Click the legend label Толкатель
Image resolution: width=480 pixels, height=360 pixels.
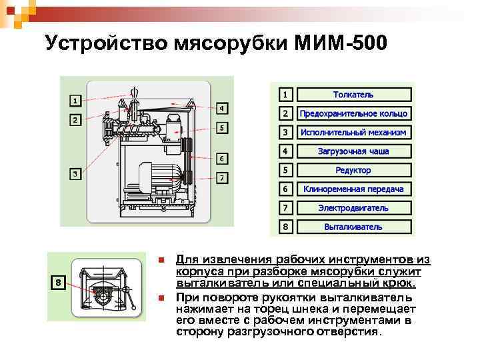tap(353, 95)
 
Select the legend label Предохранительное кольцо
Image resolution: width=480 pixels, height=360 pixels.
tap(353, 113)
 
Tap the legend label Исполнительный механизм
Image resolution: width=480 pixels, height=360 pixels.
tap(353, 132)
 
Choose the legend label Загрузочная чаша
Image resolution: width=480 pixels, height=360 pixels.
tap(353, 151)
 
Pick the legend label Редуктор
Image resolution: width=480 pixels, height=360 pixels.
tap(353, 170)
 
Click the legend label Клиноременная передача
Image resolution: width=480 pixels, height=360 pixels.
tap(353, 189)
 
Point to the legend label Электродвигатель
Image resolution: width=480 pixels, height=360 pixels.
tap(353, 208)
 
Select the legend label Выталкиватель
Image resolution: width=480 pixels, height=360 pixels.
tap(353, 227)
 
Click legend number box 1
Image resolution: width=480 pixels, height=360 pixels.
tap(285, 95)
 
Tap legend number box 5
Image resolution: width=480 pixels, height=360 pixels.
tap(285, 170)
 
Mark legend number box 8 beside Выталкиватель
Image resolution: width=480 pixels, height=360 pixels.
tap(285, 227)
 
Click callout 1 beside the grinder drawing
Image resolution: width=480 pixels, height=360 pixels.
tap(75, 101)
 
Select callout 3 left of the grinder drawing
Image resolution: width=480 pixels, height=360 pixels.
tap(75, 174)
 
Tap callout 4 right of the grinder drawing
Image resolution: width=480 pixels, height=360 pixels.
tap(223, 108)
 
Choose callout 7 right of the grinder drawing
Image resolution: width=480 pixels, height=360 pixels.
tap(223, 178)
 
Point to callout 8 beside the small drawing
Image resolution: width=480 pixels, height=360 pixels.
tap(58, 283)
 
